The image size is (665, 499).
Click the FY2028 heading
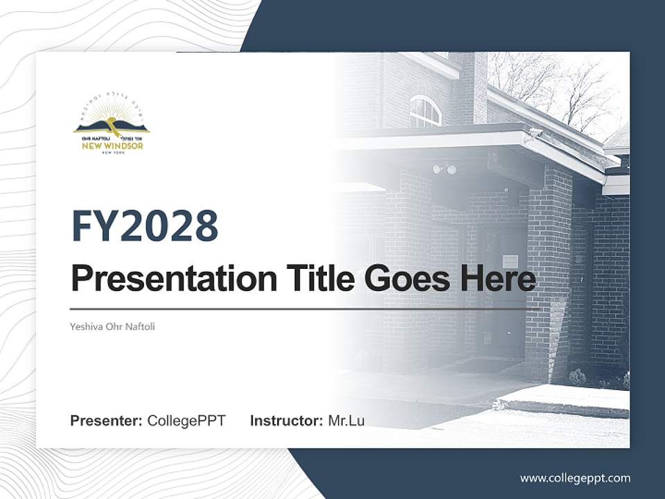coord(145,226)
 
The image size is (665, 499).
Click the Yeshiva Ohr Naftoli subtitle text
coord(113,326)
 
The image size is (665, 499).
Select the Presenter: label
coord(107,421)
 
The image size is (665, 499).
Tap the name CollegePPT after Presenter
coord(186,421)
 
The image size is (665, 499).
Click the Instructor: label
coord(286,421)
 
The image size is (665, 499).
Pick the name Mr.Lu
coord(346,421)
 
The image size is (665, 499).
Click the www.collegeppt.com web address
coord(575,478)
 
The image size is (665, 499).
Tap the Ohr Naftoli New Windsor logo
coord(112,128)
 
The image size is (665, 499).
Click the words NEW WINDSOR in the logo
coord(112,146)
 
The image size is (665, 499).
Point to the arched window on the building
coord(425,112)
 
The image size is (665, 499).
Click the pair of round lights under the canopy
coord(444,169)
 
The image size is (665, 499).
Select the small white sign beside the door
coord(510,261)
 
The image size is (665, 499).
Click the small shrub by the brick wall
coord(577,378)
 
